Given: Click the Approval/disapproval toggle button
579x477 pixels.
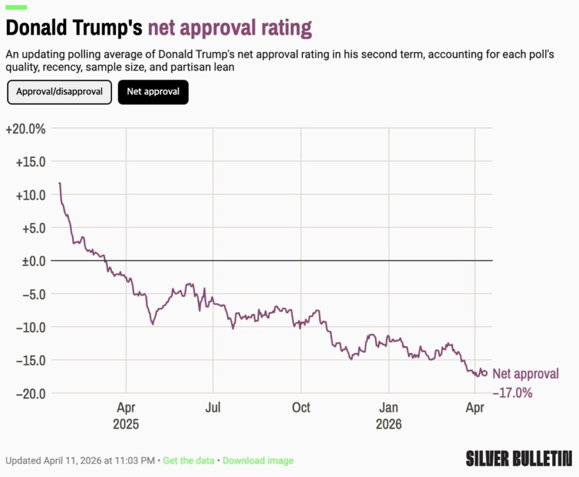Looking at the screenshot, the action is pos(59,92).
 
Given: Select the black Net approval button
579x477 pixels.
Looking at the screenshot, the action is pos(153,92).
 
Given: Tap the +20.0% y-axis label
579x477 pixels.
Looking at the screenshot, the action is pos(25,129).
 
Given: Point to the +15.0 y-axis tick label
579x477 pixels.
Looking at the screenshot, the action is pos(31,162).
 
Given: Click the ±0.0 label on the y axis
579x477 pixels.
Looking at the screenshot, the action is pos(33,261).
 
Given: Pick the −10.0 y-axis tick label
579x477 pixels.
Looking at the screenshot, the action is pos(31,328).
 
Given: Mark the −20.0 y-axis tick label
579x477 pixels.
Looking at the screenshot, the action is pos(31,394).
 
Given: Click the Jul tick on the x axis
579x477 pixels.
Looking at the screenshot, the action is pos(213,407).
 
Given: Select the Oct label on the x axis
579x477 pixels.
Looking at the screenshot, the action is pos(301,407).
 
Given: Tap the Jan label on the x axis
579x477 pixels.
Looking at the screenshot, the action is pos(389,407).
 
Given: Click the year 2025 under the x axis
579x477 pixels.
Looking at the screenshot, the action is pos(126,424).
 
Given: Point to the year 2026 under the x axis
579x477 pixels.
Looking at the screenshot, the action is pos(389,424).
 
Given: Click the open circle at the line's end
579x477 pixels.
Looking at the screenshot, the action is pos(484,373).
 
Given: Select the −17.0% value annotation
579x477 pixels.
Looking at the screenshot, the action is pos(512,392).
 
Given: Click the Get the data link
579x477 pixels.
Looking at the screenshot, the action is pos(189,461).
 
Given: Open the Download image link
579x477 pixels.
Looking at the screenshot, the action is pos(258,461).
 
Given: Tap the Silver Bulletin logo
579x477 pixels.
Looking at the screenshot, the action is pos(519,458).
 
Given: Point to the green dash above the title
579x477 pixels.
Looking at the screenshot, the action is pos(16,7).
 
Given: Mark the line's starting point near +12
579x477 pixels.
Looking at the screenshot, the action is pos(59,183).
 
